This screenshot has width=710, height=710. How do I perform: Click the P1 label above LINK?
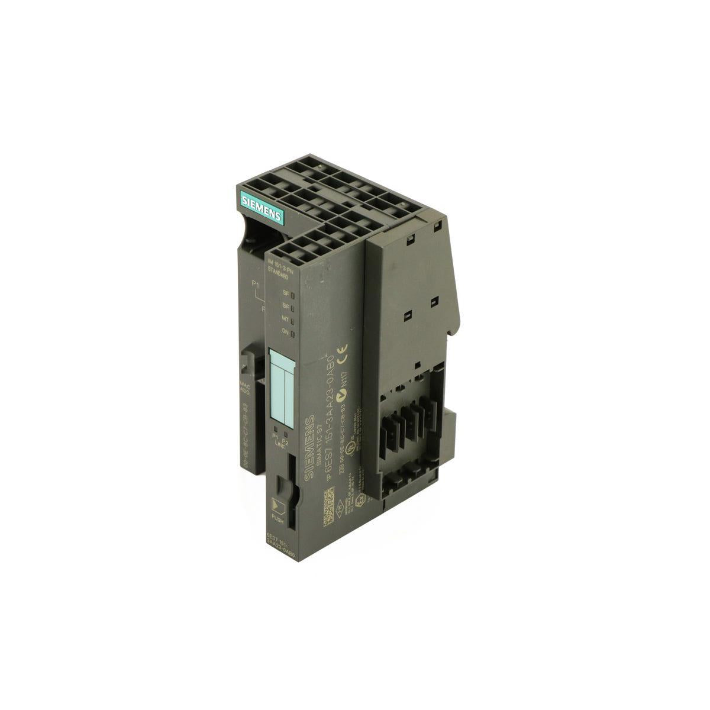click(275, 435)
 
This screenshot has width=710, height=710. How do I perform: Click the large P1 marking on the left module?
click(256, 286)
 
